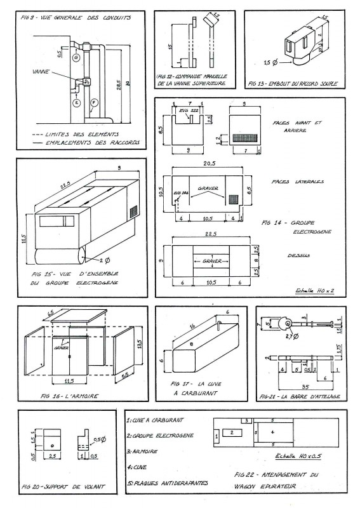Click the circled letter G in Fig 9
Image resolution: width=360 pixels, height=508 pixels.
pos(76,58)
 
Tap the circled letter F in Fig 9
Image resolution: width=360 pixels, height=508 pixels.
pos(94,102)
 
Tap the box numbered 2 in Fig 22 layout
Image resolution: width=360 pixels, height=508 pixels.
pos(233,432)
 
